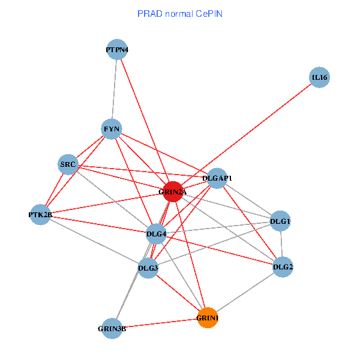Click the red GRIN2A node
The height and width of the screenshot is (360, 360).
pos(173,191)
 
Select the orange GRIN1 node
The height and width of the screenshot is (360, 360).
pos(208,318)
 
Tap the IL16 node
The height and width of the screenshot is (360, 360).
pos(320,77)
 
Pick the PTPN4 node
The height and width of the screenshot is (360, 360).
pos(117,50)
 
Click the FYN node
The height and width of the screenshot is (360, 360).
pos(112,129)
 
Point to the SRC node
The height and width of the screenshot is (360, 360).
pos(68,164)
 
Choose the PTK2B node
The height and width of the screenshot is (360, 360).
pos(41,214)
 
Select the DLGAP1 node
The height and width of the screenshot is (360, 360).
pos(217,178)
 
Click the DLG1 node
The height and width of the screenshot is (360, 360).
pos(280,221)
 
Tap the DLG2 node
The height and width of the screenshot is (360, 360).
pos(283,266)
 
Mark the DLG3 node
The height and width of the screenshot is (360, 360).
pos(148,268)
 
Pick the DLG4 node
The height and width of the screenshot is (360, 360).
pos(156,233)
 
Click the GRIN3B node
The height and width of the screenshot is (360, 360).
pos(112,328)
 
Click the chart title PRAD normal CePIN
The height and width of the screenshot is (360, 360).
pos(179,13)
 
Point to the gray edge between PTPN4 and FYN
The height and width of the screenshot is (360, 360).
pos(115,90)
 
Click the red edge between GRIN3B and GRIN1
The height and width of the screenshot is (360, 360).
pos(160,323)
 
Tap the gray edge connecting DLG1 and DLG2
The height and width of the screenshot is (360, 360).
pos(281,244)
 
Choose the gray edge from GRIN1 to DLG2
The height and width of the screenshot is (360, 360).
pos(245,292)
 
